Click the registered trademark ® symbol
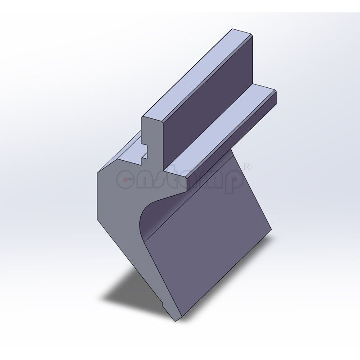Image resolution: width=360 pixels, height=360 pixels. [247, 167]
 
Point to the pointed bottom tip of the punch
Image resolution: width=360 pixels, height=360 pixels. [175, 320]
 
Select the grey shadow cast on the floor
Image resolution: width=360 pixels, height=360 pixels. [130, 288]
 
